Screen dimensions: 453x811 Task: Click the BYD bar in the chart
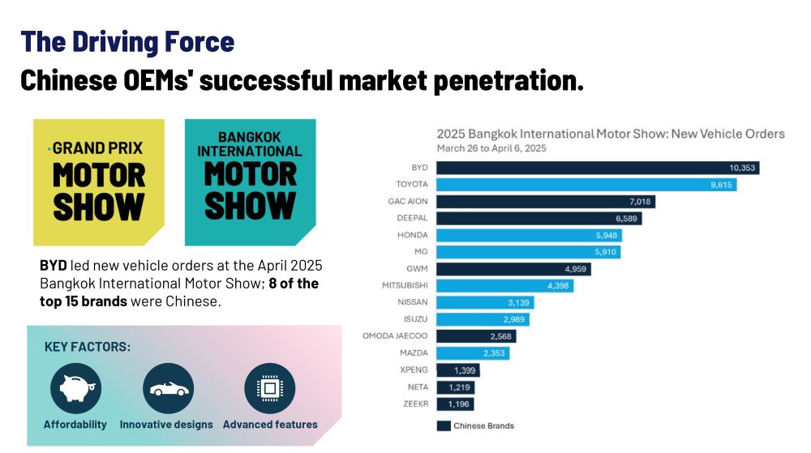[597, 168]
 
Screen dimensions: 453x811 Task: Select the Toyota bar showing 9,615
[586, 185]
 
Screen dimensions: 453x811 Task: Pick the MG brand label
[422, 252]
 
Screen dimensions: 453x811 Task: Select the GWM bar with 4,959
[513, 268]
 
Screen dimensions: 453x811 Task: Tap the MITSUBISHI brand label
[405, 285]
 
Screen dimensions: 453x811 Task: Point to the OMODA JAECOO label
[395, 335]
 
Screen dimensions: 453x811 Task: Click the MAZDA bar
[473, 353]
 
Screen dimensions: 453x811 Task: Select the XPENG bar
[457, 370]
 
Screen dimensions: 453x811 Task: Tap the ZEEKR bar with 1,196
[454, 404]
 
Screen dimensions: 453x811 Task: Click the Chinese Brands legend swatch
[444, 425]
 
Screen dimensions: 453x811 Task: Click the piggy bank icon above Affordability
[75, 389]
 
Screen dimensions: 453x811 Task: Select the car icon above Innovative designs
[168, 389]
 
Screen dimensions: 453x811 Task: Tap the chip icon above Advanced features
[269, 389]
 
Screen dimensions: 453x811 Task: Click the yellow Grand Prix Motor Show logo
[99, 182]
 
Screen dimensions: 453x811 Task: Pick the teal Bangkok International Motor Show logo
[250, 182]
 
